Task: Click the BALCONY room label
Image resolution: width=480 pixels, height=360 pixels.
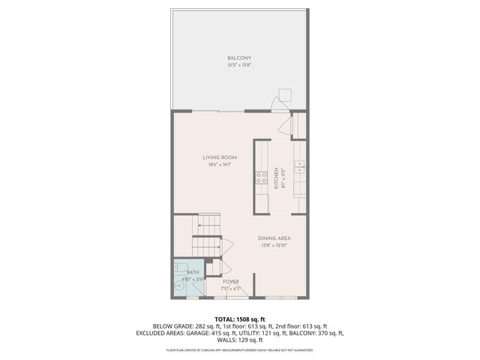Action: tap(239, 58)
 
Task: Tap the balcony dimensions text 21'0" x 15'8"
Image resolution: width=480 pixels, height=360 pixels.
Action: tap(239, 65)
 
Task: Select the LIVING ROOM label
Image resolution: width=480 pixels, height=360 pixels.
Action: tap(220, 157)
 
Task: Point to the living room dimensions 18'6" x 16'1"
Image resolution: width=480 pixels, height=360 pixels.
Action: tap(220, 165)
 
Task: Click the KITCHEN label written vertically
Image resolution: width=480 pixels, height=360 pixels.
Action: tap(276, 178)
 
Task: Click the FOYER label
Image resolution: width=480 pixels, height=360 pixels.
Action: tap(231, 281)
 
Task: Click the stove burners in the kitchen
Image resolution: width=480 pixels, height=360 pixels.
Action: tap(262, 178)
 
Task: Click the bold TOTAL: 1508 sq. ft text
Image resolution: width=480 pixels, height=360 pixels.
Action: tap(239, 319)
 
